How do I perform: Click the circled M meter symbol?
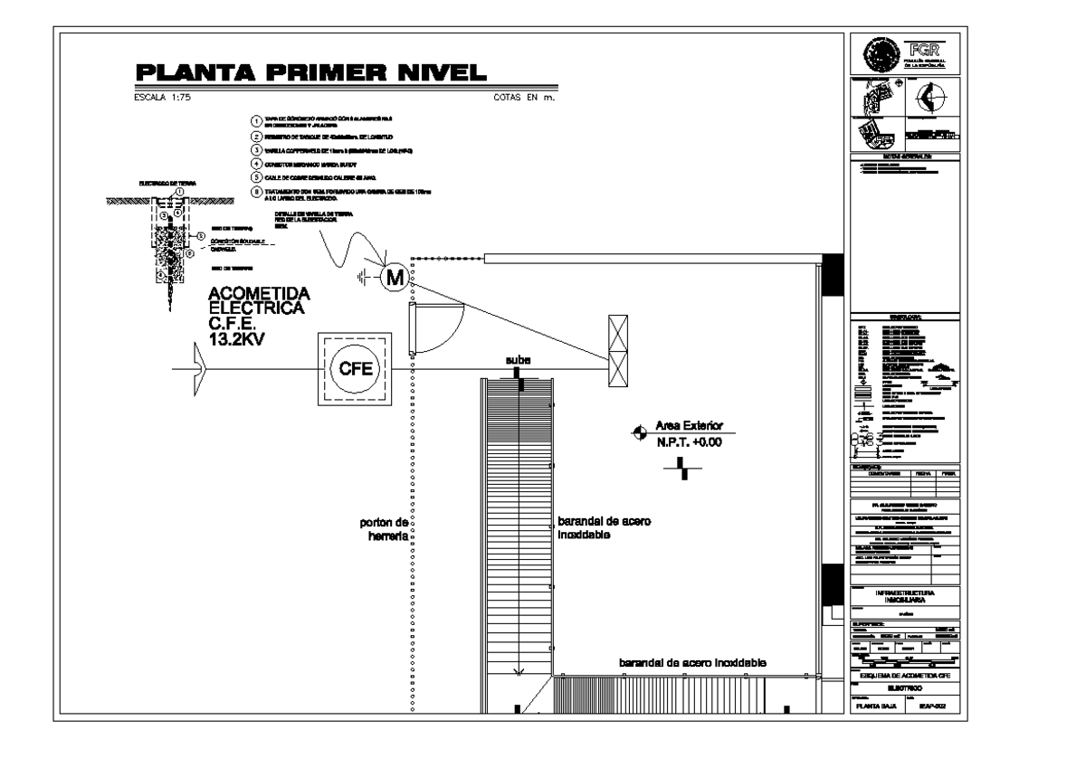pos(394,277)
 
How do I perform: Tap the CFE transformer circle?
pos(349,368)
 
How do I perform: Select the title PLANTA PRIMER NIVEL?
pos(310,74)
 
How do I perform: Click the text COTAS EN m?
pos(522,100)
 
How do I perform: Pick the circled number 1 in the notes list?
pos(257,120)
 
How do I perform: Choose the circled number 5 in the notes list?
pos(257,178)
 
